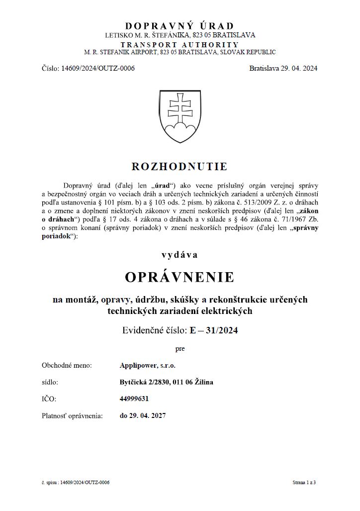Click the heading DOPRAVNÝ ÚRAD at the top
[x=180, y=26]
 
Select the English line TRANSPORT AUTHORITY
[x=180, y=44]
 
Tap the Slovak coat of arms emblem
[x=180, y=117]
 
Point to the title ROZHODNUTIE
[x=180, y=166]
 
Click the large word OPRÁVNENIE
[x=180, y=277]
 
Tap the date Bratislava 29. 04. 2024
[x=283, y=68]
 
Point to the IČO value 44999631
[x=134, y=399]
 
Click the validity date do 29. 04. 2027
[x=143, y=415]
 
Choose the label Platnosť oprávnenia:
[x=73, y=415]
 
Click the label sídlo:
[x=50, y=382]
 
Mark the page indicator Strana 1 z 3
[x=304, y=483]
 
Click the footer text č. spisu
[x=50, y=483]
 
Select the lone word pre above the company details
[x=180, y=349]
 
